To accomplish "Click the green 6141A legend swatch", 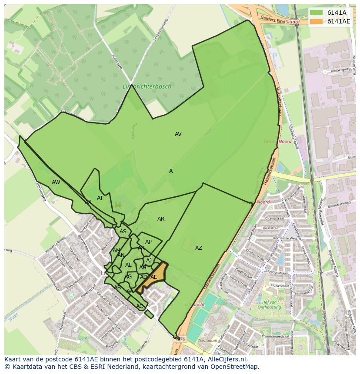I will [x=317, y=13].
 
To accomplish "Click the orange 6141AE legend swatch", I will [x=317, y=21].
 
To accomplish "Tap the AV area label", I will [x=178, y=134].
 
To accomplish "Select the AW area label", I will [x=56, y=182].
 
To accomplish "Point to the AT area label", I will [x=100, y=198].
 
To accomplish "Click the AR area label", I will [x=161, y=219].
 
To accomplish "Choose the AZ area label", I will [x=198, y=248].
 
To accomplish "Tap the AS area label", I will [x=123, y=232].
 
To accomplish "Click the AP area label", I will [x=148, y=242].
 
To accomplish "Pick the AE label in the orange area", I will [x=153, y=277].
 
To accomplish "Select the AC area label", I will [x=140, y=306].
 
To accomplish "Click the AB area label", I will [x=117, y=288].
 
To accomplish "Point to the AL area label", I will [x=128, y=265].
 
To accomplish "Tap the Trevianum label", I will [x=207, y=341].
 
